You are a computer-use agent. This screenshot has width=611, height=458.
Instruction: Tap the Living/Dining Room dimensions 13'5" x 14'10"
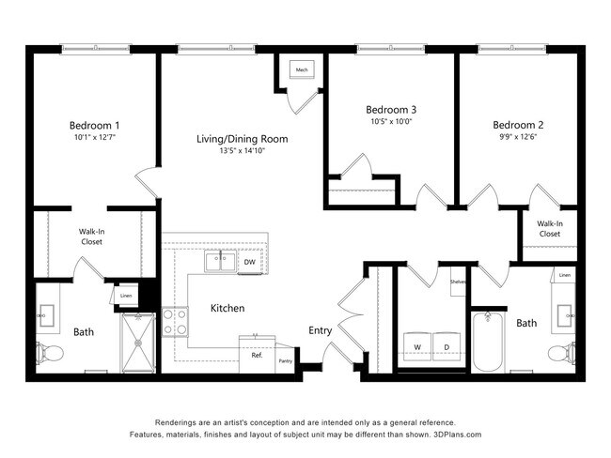242,150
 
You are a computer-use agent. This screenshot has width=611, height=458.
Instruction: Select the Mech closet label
302,70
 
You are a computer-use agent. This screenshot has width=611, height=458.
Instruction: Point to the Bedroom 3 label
391,107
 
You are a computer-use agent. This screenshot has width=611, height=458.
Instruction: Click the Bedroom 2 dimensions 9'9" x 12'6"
518,137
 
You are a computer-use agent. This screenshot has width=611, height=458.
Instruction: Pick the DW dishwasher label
250,262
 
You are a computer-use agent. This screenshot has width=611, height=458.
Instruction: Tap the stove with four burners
175,322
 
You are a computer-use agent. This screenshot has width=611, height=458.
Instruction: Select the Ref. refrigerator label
257,355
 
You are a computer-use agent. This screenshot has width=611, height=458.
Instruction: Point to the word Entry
321,330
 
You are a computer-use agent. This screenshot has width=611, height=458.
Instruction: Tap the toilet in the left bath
52,354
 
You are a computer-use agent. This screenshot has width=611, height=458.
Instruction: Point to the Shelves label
458,282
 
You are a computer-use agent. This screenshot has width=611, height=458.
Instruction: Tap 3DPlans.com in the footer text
455,435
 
